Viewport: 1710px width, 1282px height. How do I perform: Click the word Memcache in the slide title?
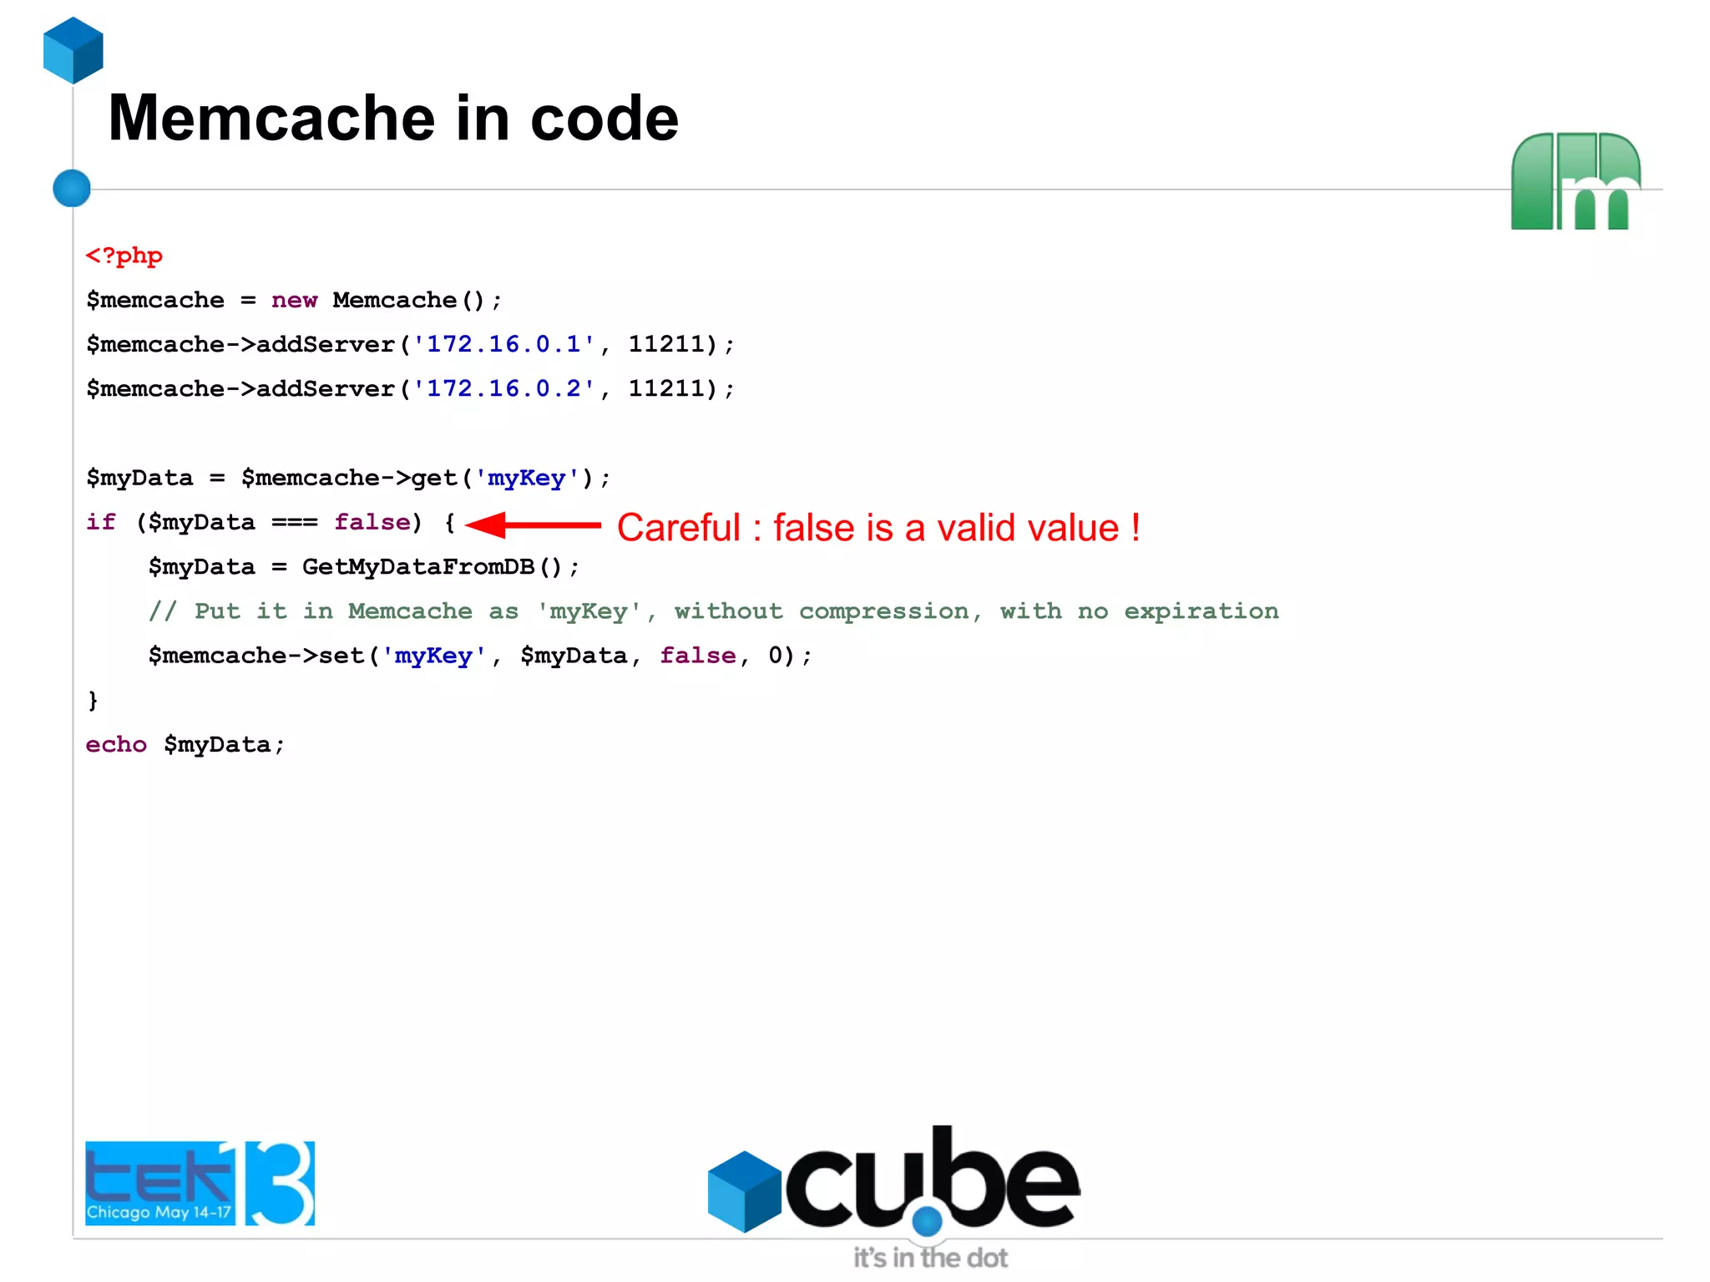click(272, 119)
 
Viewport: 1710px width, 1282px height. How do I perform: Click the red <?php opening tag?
click(124, 256)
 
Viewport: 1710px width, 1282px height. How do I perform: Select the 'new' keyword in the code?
click(294, 301)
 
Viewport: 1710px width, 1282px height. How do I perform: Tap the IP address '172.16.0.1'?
click(504, 345)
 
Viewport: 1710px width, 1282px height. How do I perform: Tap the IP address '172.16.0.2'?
click(504, 389)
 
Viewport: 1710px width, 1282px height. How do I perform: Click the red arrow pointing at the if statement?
click(533, 525)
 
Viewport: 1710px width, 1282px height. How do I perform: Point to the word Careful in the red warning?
click(679, 528)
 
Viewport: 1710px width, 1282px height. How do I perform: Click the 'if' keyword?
click(101, 523)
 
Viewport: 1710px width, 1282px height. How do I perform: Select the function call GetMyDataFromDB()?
click(432, 567)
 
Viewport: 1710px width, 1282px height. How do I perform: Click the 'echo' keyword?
click(116, 745)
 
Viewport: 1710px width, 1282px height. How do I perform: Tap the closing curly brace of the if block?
click(93, 700)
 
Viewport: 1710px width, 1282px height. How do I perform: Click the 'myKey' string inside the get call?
click(527, 479)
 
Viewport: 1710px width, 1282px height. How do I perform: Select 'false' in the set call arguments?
click(698, 656)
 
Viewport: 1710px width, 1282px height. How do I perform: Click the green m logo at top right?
click(1576, 181)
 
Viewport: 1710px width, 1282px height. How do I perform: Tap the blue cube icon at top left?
click(73, 50)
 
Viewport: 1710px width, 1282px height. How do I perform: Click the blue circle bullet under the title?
click(72, 188)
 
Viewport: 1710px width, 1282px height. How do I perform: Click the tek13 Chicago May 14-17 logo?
click(200, 1183)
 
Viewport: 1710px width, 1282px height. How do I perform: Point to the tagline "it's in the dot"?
click(930, 1258)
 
